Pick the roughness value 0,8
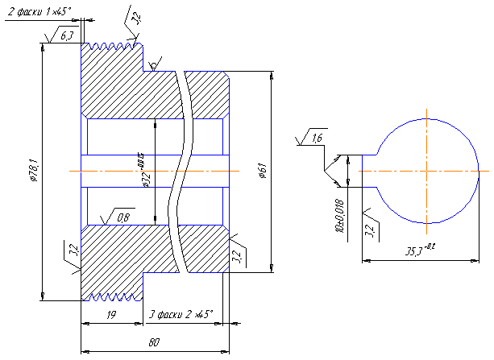point(124,217)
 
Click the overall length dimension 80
point(154,342)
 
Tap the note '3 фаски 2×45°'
point(182,315)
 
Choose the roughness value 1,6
point(316,139)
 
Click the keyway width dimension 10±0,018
point(339,215)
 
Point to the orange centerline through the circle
point(427,172)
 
